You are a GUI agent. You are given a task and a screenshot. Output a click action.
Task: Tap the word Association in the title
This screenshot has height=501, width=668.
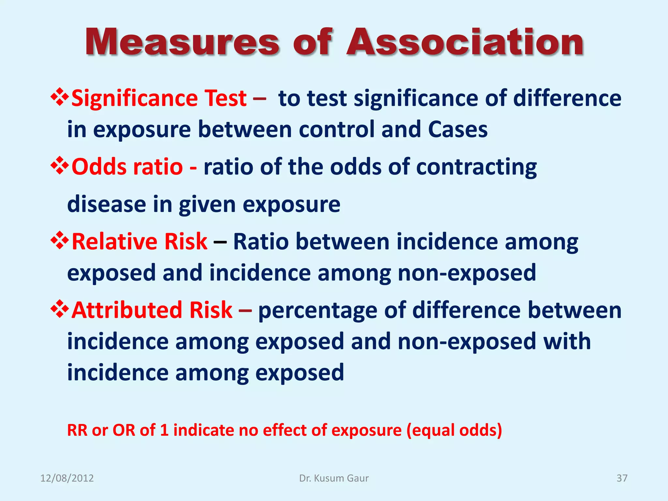click(x=465, y=42)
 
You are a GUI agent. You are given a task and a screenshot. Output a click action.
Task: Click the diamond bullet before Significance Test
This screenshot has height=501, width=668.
click(x=59, y=97)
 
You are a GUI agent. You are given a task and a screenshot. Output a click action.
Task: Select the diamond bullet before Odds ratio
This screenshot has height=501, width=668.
click(x=59, y=166)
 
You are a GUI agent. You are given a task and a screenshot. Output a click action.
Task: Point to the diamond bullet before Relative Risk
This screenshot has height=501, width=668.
click(x=59, y=241)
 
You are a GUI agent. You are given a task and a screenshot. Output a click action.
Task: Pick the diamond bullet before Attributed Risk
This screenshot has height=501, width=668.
click(x=59, y=309)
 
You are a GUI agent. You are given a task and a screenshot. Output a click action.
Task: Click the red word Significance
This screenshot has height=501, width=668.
click(x=134, y=99)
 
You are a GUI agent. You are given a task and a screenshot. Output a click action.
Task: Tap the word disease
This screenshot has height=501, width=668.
click(x=106, y=205)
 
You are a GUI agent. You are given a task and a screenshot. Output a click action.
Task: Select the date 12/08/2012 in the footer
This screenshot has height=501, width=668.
click(x=67, y=478)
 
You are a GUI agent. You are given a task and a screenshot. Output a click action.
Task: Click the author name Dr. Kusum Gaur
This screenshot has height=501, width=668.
click(x=334, y=478)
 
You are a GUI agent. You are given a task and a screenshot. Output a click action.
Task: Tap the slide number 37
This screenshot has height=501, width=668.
click(x=622, y=478)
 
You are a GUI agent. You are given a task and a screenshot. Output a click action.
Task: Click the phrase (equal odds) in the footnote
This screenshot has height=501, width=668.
click(x=454, y=431)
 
